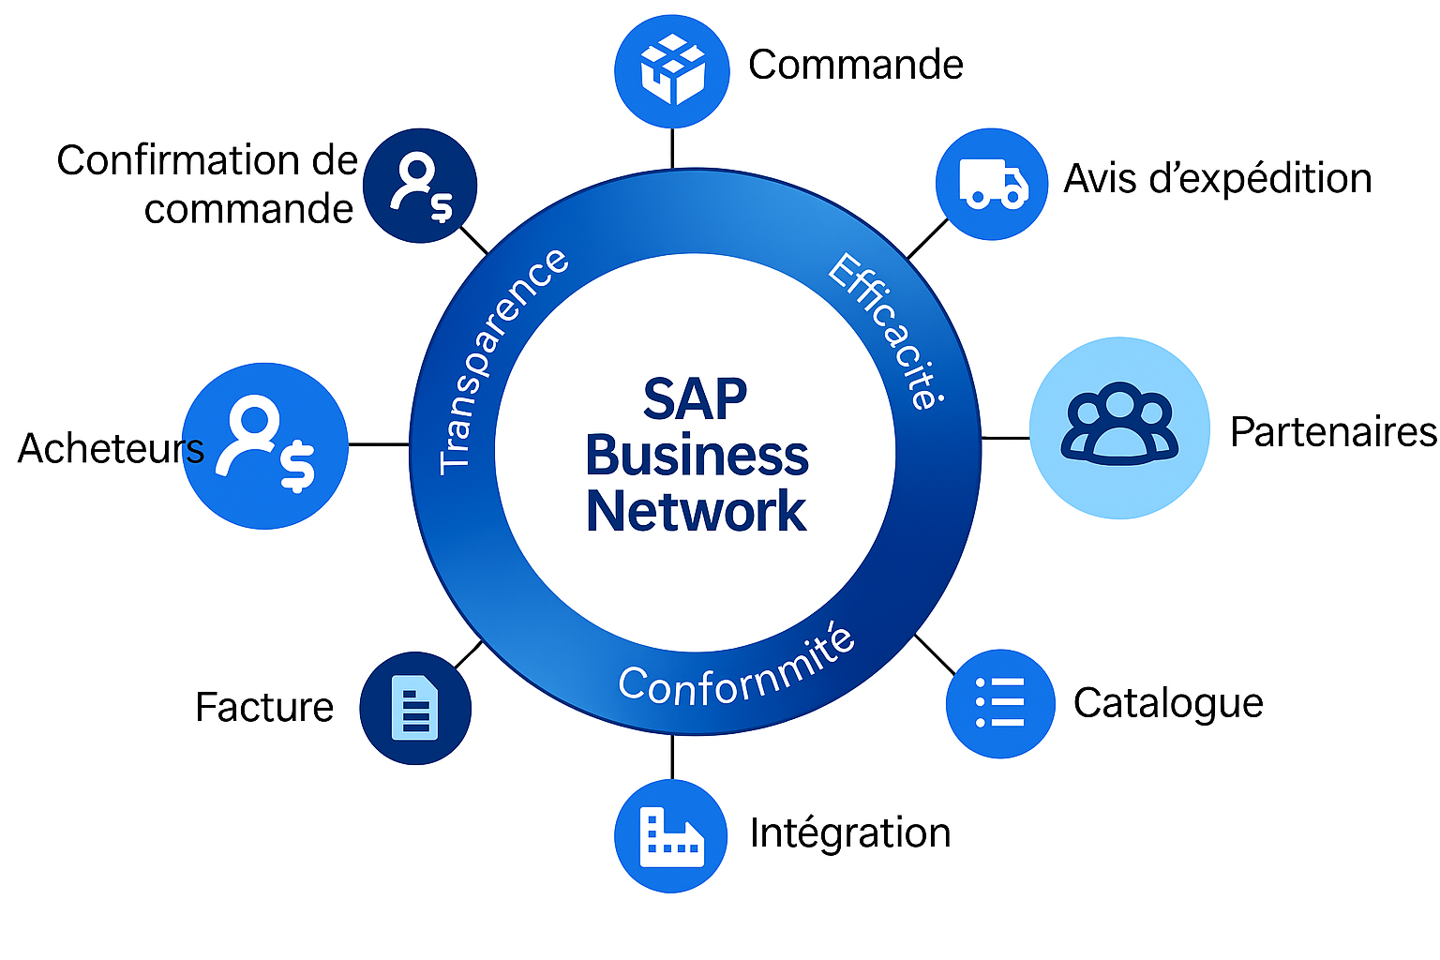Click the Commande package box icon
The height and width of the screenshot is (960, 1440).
click(x=671, y=70)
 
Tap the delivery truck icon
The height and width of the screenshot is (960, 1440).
click(x=992, y=184)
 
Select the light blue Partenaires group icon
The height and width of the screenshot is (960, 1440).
click(x=1119, y=427)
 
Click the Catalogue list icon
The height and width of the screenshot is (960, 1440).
click(x=1000, y=703)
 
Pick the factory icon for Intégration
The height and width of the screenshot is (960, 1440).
click(x=670, y=835)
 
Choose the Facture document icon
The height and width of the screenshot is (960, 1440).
click(x=415, y=708)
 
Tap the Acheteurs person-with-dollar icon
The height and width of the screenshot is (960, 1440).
click(x=265, y=446)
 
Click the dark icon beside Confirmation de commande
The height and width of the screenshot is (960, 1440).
click(x=420, y=186)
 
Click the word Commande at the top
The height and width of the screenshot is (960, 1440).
click(x=855, y=65)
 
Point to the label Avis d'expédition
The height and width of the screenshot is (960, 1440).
click(x=1217, y=178)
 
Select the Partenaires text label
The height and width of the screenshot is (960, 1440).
click(x=1333, y=432)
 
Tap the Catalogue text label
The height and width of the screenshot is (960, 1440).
click(x=1168, y=703)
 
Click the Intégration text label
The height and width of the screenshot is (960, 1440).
click(x=850, y=832)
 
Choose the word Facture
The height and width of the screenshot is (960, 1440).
click(x=264, y=707)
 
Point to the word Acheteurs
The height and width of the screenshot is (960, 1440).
click(x=111, y=448)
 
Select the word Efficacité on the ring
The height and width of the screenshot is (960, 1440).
click(x=886, y=330)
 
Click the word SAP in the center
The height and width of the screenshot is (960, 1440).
click(x=695, y=399)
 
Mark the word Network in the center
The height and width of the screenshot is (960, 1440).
click(x=696, y=511)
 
